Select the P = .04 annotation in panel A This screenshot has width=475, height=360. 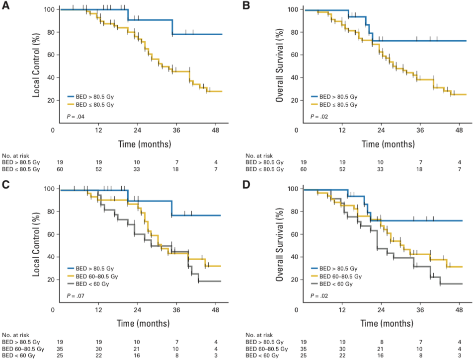coord(75,116)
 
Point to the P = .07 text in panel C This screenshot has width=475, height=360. coord(75,296)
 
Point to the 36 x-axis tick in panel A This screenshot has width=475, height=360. coord(175,130)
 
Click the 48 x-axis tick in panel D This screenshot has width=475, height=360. coord(460,309)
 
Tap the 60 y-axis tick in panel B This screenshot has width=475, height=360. coord(294,55)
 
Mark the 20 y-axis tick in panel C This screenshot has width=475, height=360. coord(51,280)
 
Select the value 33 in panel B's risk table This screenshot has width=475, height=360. coord(380,170)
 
